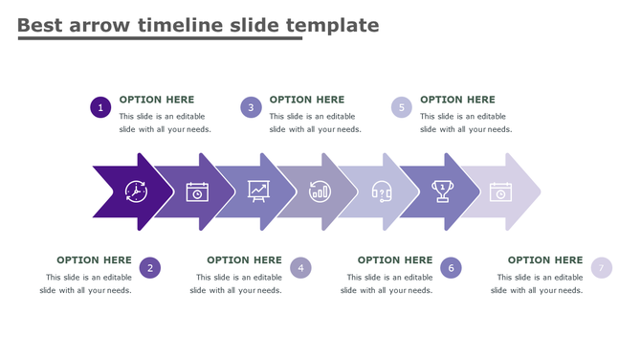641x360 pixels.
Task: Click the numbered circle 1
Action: point(100,107)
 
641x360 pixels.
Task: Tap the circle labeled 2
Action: point(149,268)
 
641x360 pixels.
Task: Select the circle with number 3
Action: point(251,107)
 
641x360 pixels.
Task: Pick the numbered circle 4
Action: point(300,268)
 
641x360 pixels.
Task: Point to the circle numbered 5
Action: point(402,107)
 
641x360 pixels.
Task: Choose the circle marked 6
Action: point(451,268)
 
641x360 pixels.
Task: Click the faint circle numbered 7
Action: point(601,268)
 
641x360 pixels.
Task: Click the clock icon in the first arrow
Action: point(136,191)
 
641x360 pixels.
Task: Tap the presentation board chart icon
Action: point(258,191)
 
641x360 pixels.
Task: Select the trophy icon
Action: point(442,191)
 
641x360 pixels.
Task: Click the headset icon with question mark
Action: point(382,191)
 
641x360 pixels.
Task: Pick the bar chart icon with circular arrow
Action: point(320,191)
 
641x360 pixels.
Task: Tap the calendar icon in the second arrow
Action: point(197,191)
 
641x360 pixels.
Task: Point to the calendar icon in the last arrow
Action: point(500,191)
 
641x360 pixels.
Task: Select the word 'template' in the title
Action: point(331,26)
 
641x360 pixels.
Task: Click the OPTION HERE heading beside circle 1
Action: point(156,100)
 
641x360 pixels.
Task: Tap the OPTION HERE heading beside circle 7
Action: point(544,259)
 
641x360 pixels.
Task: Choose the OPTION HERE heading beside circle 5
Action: point(457,100)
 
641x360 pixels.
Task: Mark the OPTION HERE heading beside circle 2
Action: point(94,259)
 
